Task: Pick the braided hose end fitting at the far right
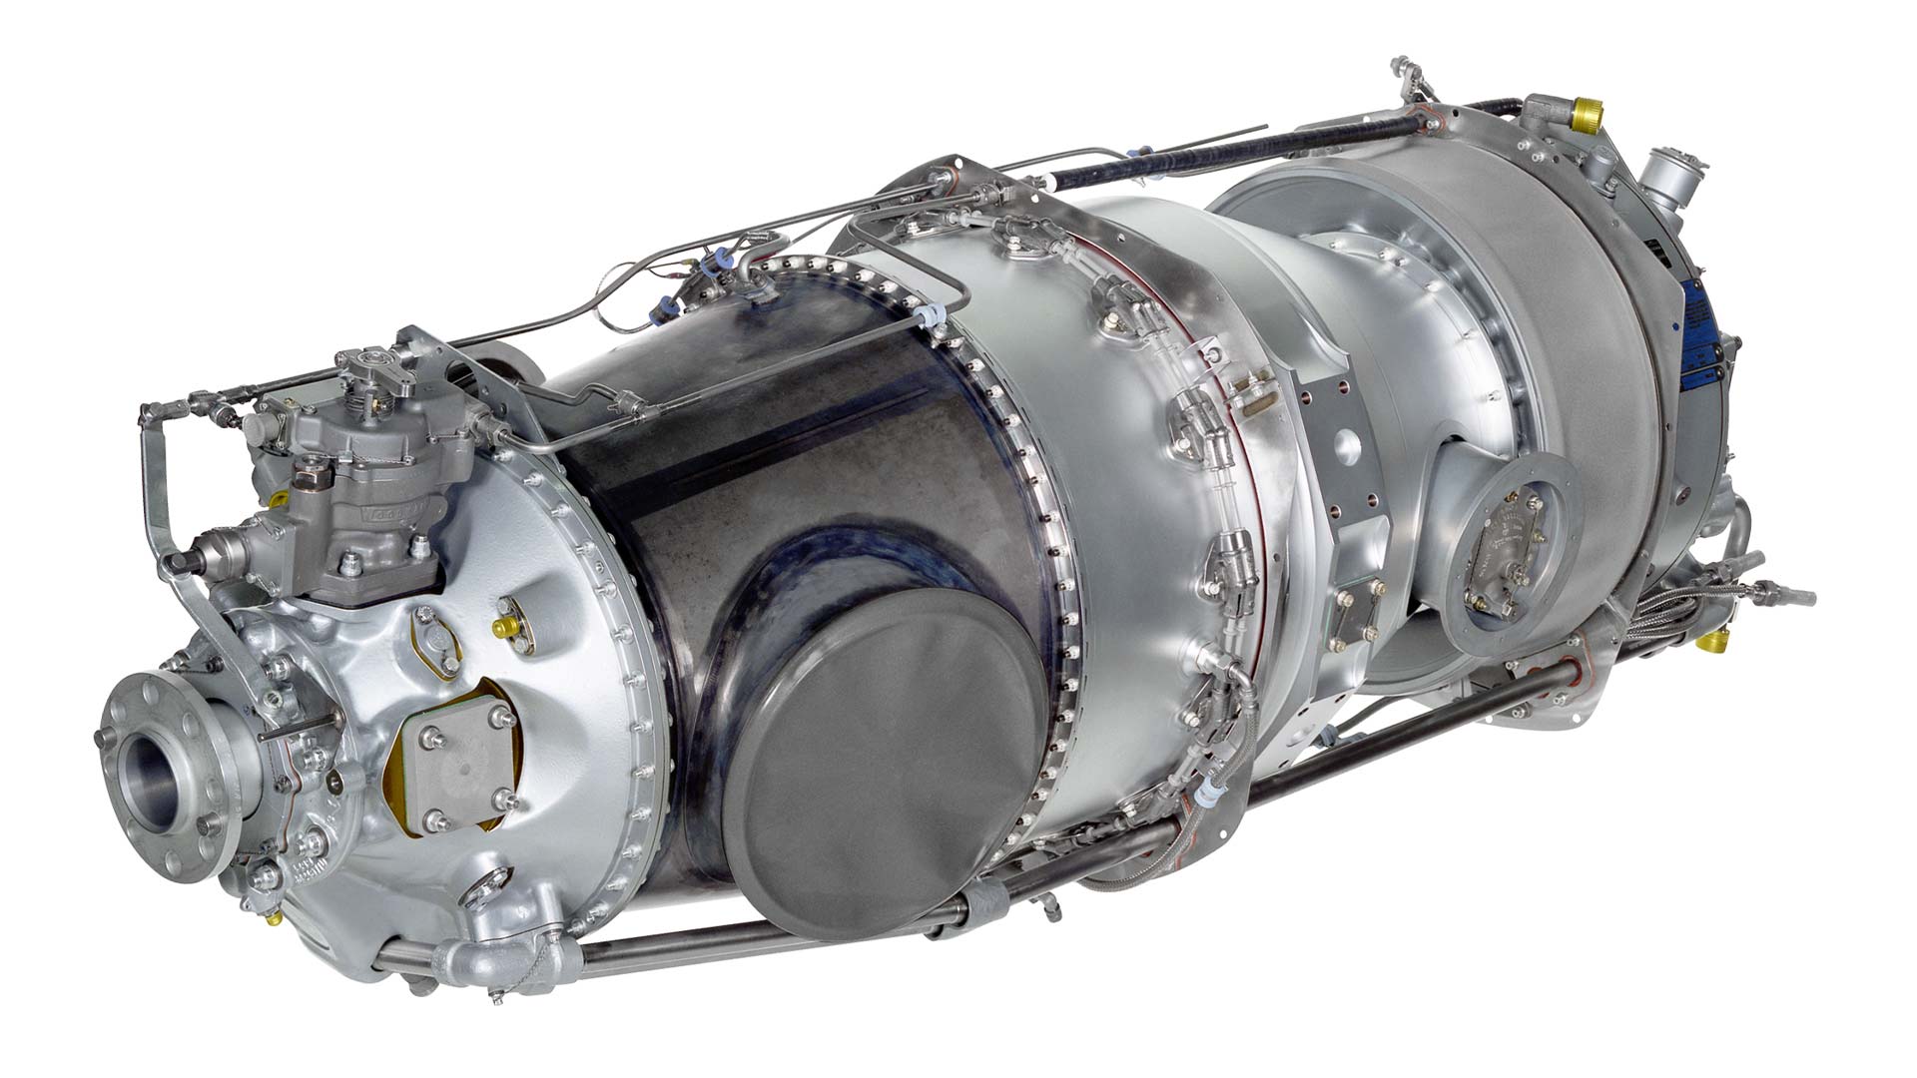[x=1787, y=595]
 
